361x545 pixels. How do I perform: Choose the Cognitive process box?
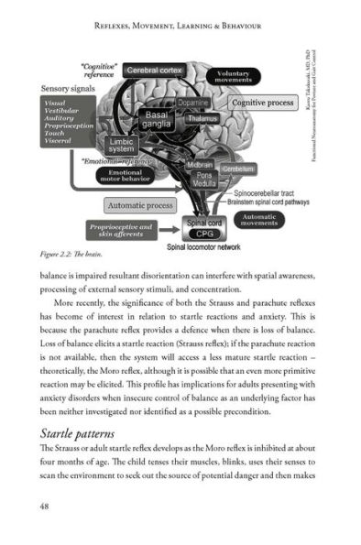262,104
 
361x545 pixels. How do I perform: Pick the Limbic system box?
122,147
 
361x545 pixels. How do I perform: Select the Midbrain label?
200,165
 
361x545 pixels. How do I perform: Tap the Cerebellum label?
237,169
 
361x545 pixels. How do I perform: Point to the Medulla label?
204,183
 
